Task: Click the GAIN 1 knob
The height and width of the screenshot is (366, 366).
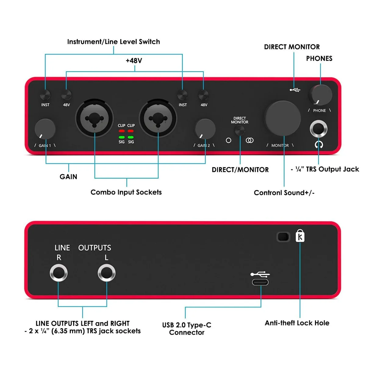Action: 45,129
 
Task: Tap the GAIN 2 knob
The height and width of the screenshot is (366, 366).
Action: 205,129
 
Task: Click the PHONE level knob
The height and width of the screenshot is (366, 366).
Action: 321,95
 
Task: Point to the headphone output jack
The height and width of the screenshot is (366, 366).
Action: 318,129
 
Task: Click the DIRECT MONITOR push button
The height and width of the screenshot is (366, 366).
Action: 239,130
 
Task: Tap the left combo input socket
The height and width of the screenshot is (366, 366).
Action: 94,118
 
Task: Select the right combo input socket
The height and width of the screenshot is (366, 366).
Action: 158,118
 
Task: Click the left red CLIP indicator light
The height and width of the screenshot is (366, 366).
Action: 122,131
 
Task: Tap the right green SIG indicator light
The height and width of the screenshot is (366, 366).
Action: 131,137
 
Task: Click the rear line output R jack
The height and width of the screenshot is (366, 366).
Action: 59,273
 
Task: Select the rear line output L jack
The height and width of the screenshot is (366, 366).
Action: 106,273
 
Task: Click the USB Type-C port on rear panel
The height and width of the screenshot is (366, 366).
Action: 260,282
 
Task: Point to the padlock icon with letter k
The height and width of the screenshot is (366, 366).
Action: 300,236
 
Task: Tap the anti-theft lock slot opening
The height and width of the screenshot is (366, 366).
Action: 283,237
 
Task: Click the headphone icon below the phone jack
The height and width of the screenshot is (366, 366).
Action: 319,145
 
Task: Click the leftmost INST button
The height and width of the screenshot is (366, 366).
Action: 45,95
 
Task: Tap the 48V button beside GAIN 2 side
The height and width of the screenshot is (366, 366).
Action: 203,95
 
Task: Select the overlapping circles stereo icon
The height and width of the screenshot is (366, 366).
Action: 249,140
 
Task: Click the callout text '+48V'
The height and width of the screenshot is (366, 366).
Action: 134,61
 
